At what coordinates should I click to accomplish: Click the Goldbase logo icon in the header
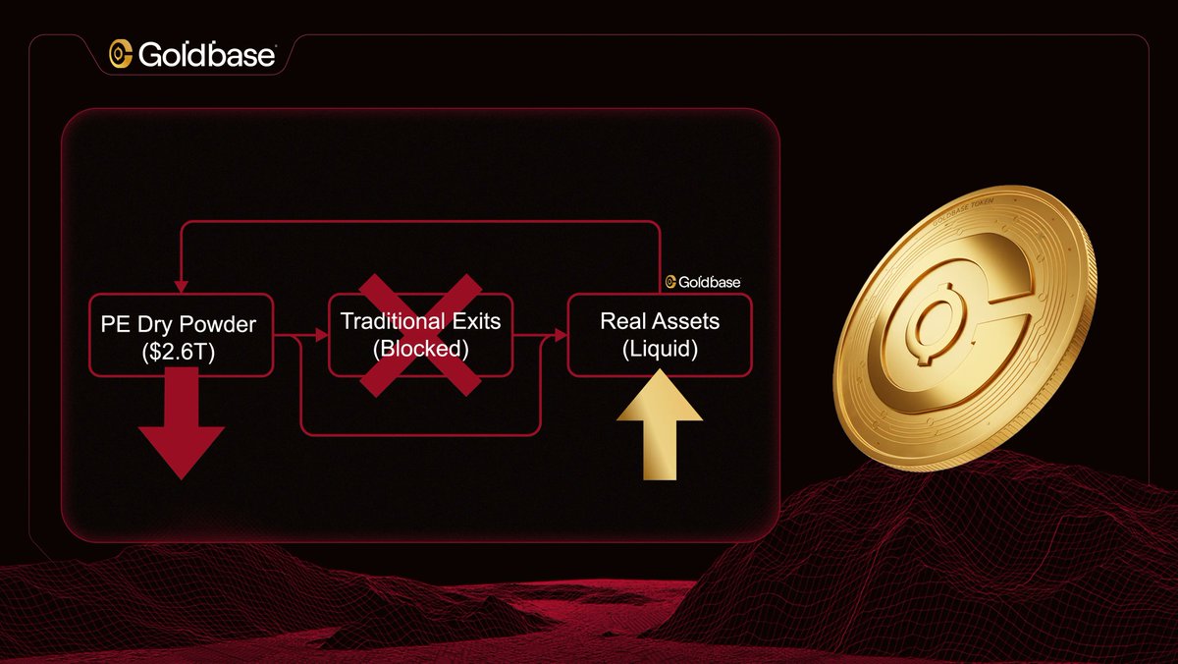[121, 55]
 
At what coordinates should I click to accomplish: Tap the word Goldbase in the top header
[207, 55]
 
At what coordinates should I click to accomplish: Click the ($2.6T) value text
[178, 350]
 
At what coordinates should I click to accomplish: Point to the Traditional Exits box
[419, 334]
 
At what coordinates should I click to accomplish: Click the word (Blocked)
[419, 349]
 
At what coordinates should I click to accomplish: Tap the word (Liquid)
[659, 349]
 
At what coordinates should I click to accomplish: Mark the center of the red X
[419, 335]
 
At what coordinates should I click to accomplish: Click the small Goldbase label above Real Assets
[703, 283]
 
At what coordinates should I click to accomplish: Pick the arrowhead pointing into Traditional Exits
[323, 336]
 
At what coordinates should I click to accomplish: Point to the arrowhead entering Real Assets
[562, 336]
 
